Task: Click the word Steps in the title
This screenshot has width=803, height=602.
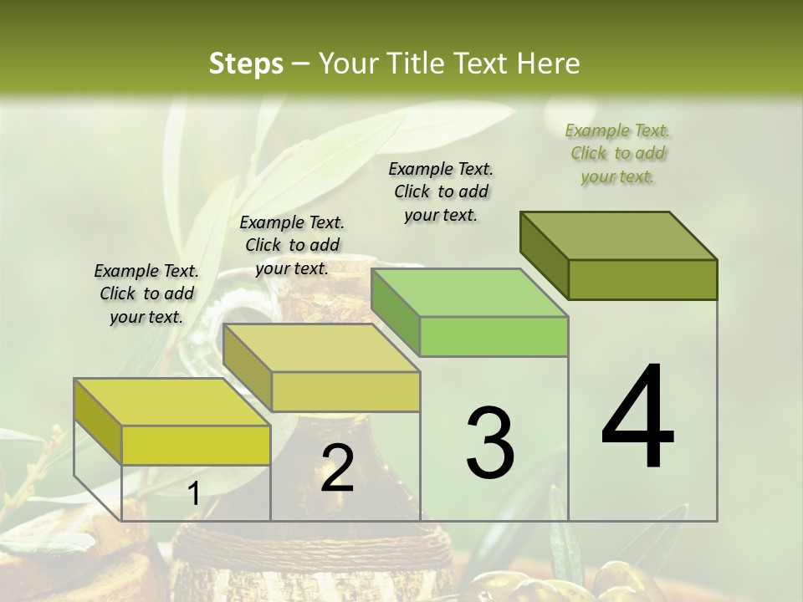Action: (x=246, y=64)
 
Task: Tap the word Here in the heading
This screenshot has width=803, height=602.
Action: (x=549, y=64)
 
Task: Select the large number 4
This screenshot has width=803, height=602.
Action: (x=637, y=418)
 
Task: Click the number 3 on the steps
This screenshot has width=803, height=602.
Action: (x=490, y=443)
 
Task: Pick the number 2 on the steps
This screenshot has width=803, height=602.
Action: (x=337, y=468)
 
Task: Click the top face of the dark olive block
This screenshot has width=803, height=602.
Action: (x=619, y=236)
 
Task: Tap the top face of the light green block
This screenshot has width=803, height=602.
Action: (x=470, y=293)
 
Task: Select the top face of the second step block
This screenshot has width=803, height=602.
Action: (x=321, y=348)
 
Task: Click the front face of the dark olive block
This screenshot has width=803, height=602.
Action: (x=642, y=279)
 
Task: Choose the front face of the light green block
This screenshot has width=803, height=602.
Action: (x=494, y=337)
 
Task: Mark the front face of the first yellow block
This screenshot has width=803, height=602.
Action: (x=196, y=446)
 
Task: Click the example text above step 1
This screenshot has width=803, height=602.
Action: (x=146, y=293)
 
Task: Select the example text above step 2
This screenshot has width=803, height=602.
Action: (x=292, y=245)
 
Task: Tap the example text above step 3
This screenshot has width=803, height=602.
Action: (x=441, y=191)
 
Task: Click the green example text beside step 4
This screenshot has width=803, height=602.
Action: (x=617, y=153)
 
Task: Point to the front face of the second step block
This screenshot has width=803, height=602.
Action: (x=345, y=391)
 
